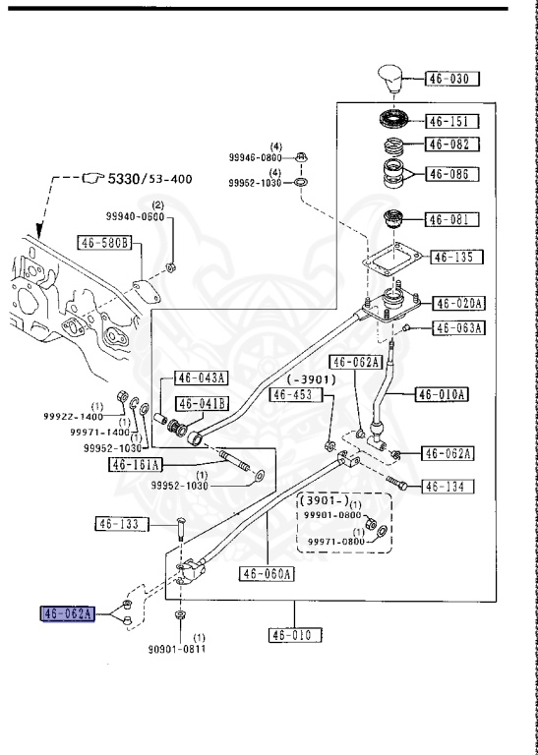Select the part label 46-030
(x=451, y=79)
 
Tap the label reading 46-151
(x=451, y=121)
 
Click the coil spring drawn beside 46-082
(x=394, y=145)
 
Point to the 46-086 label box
(x=451, y=174)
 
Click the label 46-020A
(x=458, y=304)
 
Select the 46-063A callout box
(x=459, y=328)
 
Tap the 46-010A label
(x=443, y=394)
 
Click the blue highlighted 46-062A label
(x=68, y=613)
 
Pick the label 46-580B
(x=105, y=243)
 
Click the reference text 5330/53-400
(x=149, y=179)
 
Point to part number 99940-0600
(x=136, y=216)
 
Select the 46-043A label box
(x=202, y=377)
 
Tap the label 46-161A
(x=137, y=465)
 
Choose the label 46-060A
(x=267, y=573)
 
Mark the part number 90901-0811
(x=177, y=649)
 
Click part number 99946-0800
(x=256, y=157)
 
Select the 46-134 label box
(x=448, y=487)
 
